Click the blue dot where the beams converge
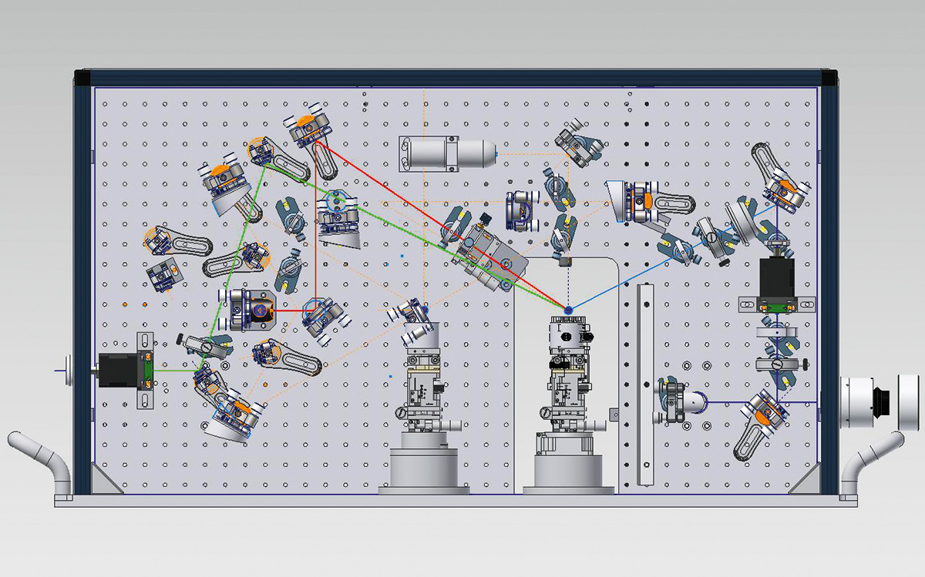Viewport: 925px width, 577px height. tap(568, 310)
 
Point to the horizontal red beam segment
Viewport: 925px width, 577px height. tap(288, 311)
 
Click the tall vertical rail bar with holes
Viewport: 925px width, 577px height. tap(645, 385)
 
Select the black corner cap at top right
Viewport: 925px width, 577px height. tap(829, 78)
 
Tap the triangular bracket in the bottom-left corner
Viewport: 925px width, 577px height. tap(103, 478)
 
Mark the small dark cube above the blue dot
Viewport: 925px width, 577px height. tap(567, 263)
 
